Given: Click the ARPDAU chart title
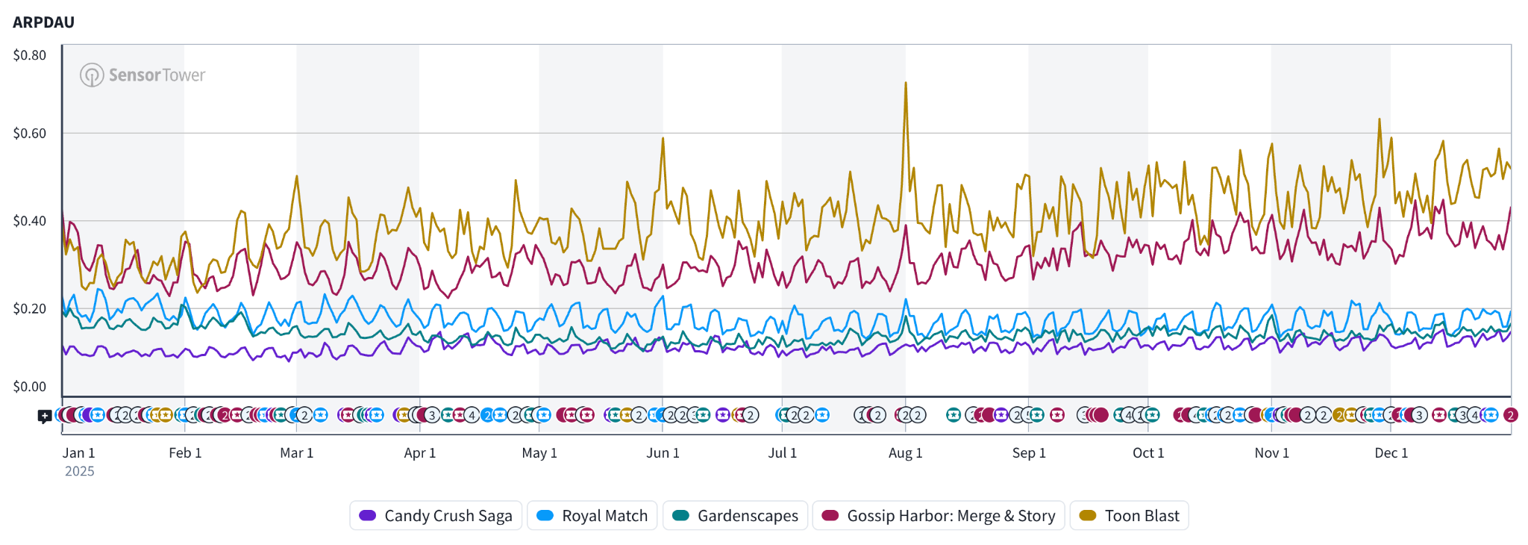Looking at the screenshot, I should pos(43,22).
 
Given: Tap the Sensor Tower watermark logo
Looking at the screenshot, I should pos(142,75).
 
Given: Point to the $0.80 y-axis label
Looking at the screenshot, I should pos(30,55).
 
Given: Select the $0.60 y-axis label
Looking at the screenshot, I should pos(30,134).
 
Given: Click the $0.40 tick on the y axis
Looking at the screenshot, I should pos(30,221).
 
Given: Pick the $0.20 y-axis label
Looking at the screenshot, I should pos(30,308).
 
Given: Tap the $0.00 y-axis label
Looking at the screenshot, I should pos(30,387).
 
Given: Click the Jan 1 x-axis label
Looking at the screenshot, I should pos(78,453).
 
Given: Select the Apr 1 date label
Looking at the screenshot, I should pos(419,453).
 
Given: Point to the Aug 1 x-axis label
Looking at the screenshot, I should pos(905,453).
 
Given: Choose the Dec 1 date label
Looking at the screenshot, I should pos(1391,453).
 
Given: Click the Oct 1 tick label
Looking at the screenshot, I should pos(1147,453).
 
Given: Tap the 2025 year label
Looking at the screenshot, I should pos(79,471).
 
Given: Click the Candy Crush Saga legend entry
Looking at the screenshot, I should pos(436,516).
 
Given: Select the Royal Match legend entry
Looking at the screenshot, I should pos(592,516).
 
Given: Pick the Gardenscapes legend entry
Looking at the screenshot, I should pos(735,516).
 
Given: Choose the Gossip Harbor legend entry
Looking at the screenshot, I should pos(938,516).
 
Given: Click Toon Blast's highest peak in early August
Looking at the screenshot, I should pos(906,83).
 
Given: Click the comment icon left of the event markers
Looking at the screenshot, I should pos(45,416).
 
